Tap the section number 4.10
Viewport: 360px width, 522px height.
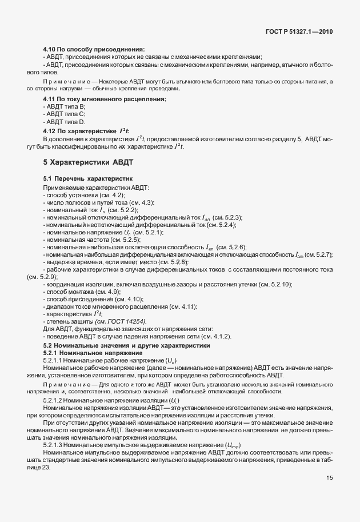pos(50,49)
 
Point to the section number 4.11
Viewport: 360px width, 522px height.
pos(50,99)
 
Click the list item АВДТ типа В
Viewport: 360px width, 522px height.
pos(65,107)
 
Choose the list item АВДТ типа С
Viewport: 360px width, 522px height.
pos(65,114)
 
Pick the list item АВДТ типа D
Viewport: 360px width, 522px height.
pos(65,122)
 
